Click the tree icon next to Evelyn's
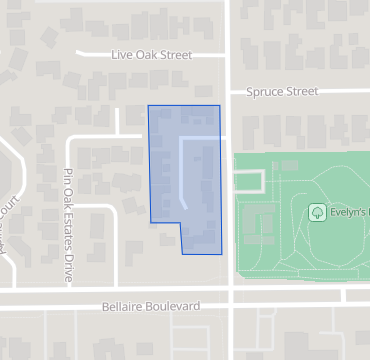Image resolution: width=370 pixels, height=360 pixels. pyautogui.click(x=317, y=212)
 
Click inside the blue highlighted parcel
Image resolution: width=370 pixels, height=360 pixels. pyautogui.click(x=165, y=160)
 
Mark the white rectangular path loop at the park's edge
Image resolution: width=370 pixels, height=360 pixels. pyautogui.click(x=251, y=180)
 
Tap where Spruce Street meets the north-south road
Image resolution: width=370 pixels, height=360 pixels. pyautogui.click(x=230, y=92)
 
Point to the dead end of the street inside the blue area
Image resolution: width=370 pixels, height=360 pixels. pyautogui.click(x=184, y=206)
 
